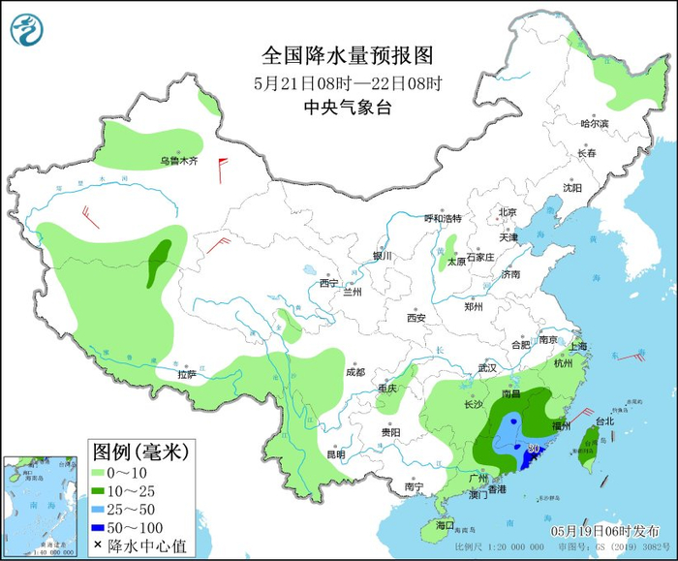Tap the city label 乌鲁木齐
coord(178,161)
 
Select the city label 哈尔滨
coord(594,124)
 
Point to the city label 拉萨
coord(187,374)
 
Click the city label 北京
coord(508,212)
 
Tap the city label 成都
coord(354,372)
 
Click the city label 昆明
coord(335,454)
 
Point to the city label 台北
coord(604,421)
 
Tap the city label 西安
coord(416,317)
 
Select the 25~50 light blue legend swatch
coord(98,510)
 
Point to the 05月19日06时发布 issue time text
coord(605,532)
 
